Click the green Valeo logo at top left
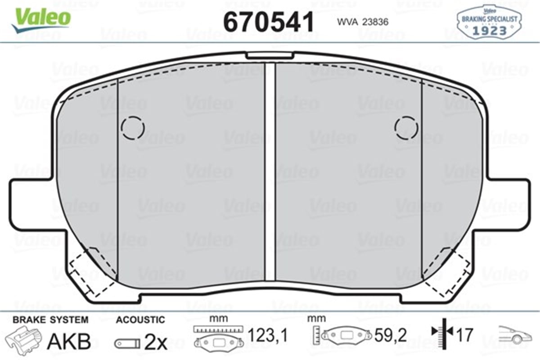tap(41, 19)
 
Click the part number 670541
tap(269, 22)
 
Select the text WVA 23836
tap(363, 22)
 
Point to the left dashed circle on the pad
tap(133, 128)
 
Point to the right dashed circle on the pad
tap(406, 128)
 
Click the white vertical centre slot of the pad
tap(270, 172)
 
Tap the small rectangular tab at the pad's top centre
tap(270, 55)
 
